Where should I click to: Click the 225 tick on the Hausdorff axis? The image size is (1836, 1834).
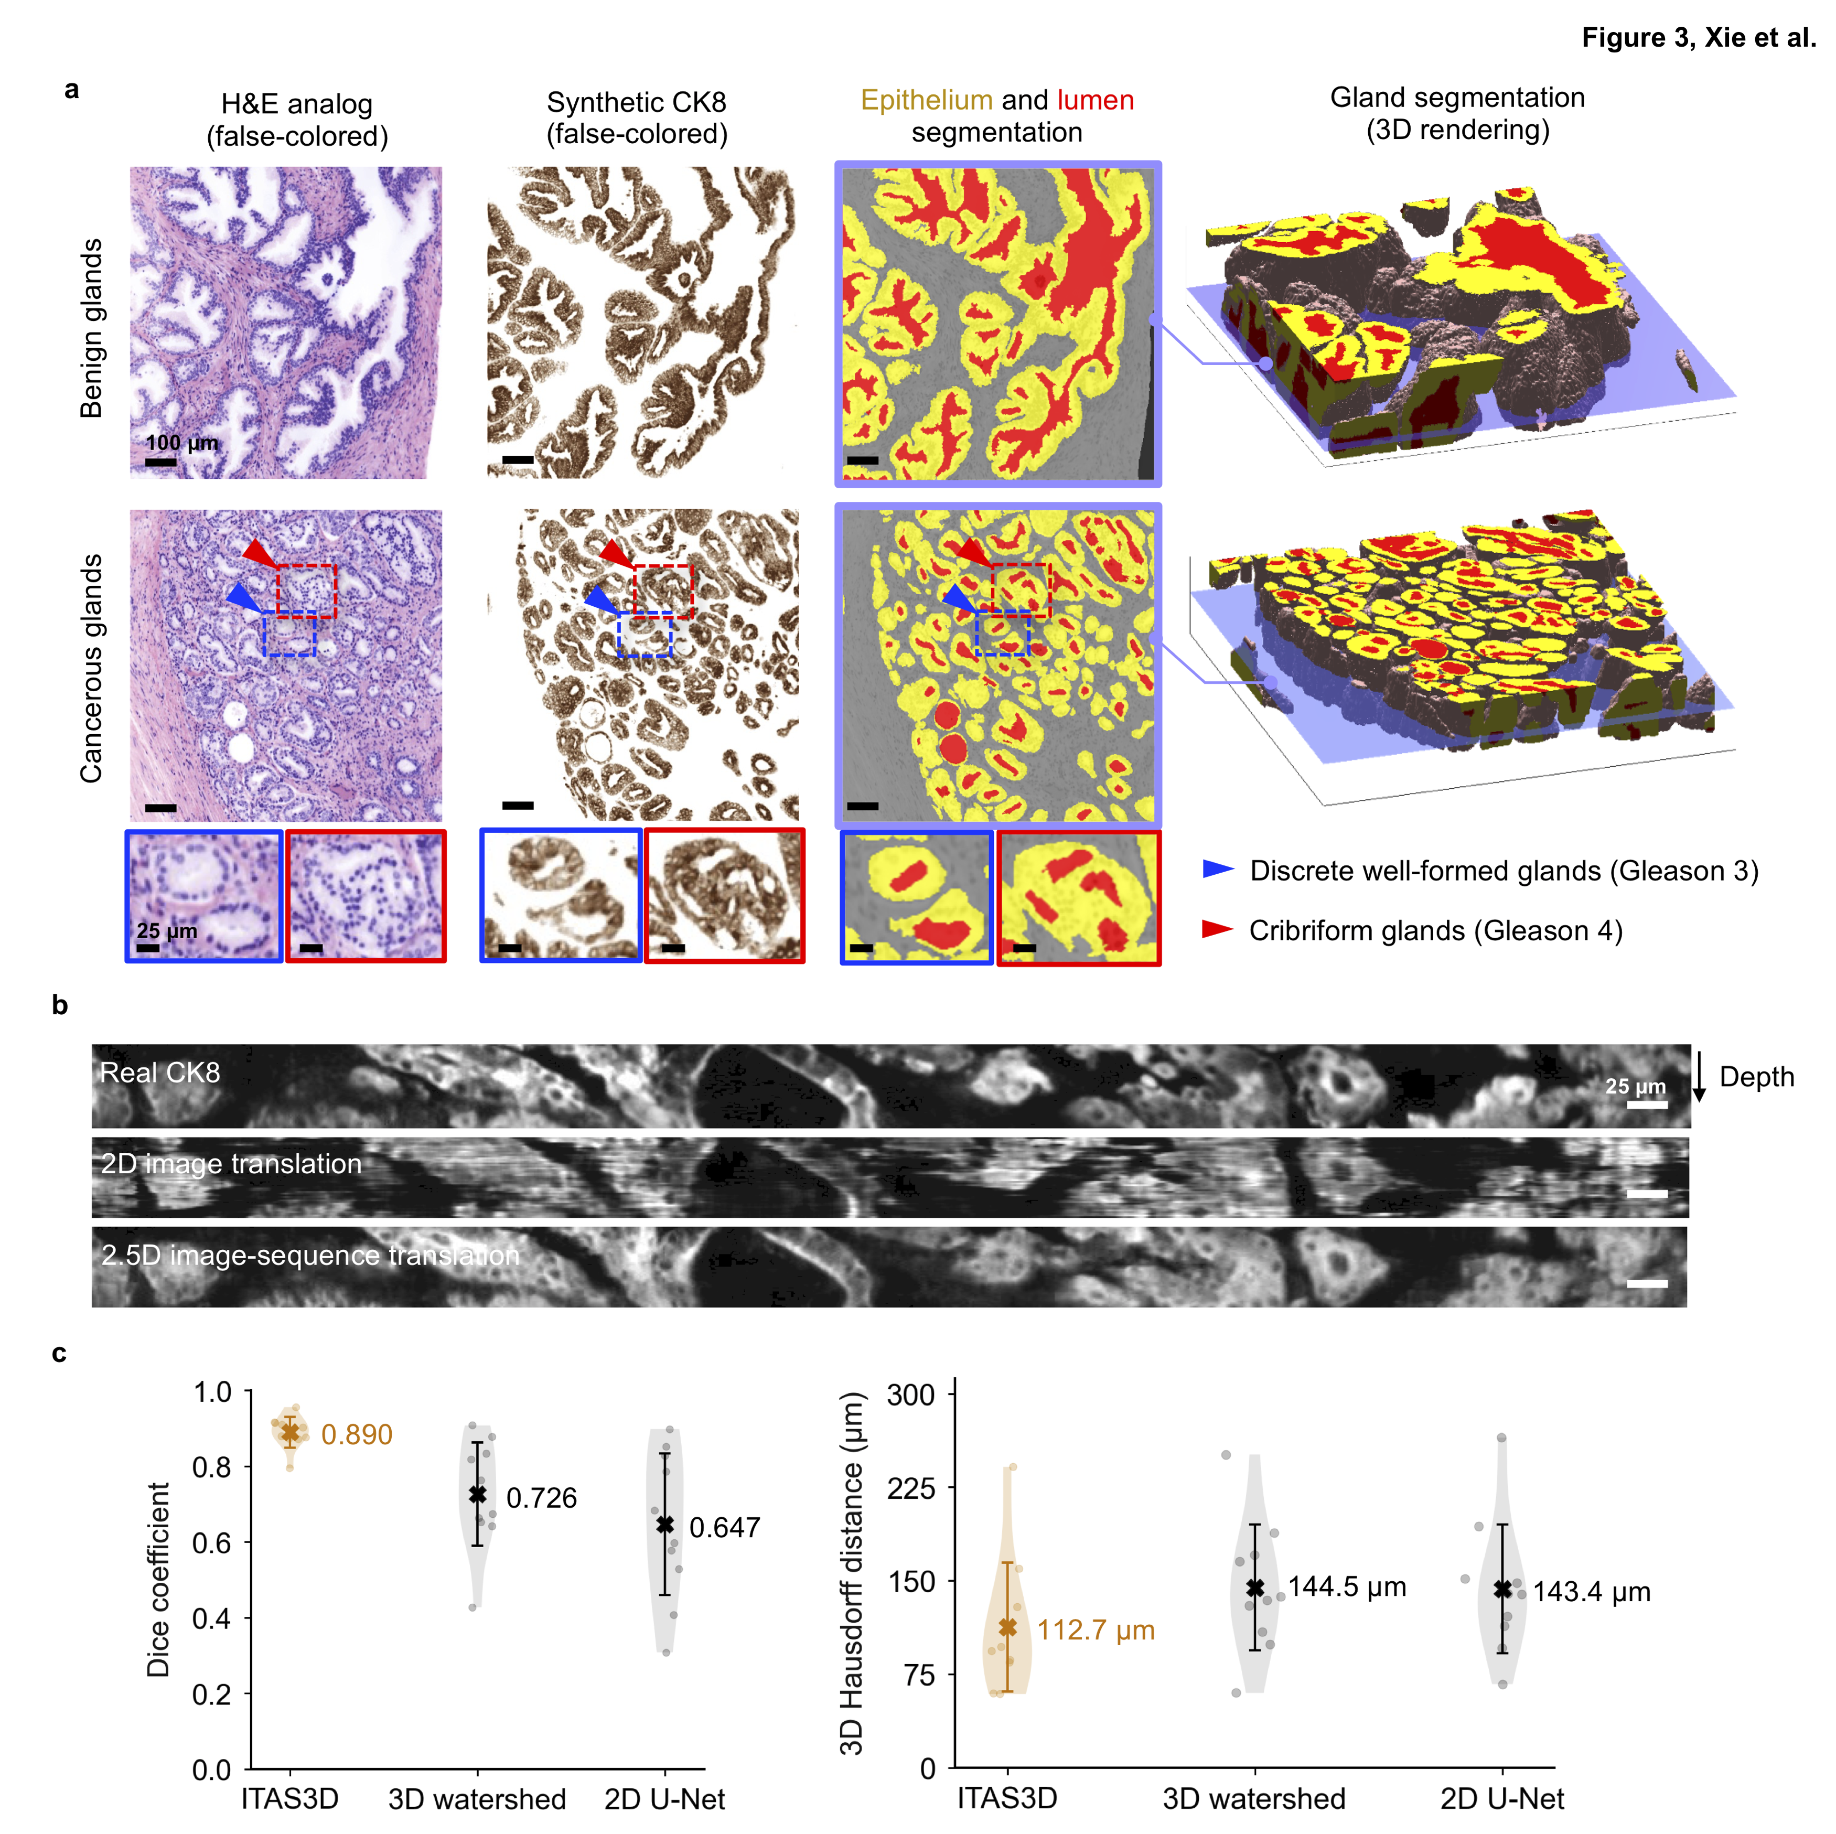(x=910, y=1488)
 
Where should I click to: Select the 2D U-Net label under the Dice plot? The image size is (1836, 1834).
(x=664, y=1799)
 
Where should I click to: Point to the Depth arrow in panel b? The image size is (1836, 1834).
(x=1699, y=1076)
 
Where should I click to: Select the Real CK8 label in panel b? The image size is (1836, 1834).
(x=159, y=1073)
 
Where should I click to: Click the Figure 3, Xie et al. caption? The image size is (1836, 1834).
(x=1698, y=37)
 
